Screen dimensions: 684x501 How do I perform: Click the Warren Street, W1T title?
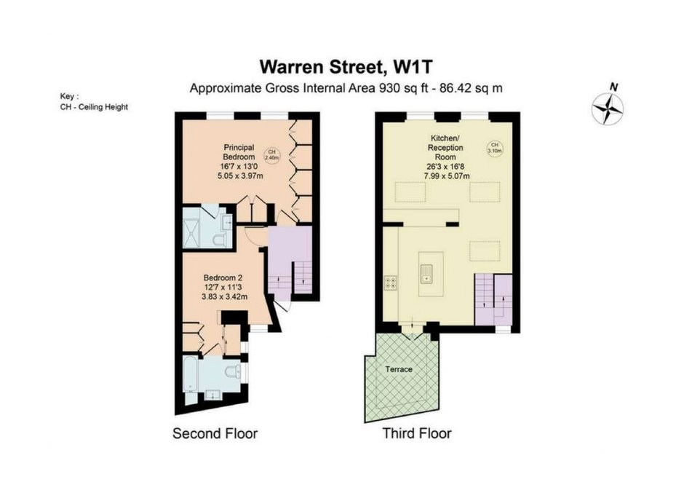pos(346,67)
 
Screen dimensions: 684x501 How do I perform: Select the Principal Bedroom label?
pos(239,152)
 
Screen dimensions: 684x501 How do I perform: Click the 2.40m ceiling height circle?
pos(271,155)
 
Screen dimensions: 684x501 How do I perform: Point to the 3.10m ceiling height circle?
pos(494,148)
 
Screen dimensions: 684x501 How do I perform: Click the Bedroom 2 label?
pos(223,277)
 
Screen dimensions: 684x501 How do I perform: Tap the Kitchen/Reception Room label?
pos(445,148)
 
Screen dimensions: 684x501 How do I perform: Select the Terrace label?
pos(399,369)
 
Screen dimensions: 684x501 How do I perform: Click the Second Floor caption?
pos(215,433)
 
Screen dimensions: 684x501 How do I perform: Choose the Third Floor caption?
pos(417,433)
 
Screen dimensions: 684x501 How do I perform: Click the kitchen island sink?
pos(426,274)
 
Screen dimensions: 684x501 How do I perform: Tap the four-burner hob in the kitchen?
pos(391,283)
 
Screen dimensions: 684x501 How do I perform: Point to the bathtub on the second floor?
pos(190,374)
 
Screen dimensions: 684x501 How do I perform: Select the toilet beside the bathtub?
pos(233,371)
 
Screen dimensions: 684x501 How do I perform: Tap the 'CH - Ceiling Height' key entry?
pos(94,107)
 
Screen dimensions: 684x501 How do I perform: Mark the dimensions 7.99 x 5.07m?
pos(447,176)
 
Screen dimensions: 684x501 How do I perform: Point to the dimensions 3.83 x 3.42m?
pos(225,297)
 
